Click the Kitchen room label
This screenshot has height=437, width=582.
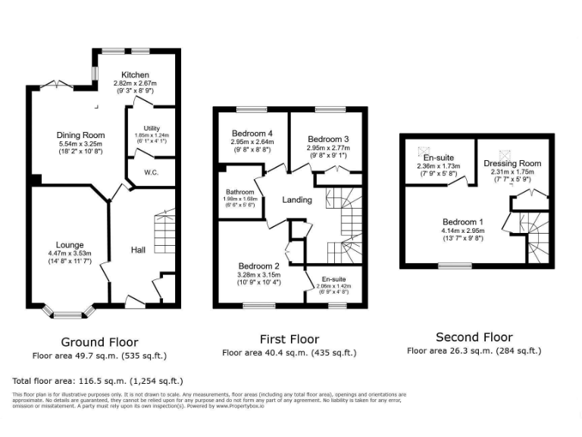tap(134, 74)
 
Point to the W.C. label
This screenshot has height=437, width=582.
tap(150, 172)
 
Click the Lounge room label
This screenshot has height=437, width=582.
tap(70, 244)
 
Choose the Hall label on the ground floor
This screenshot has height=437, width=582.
tap(138, 250)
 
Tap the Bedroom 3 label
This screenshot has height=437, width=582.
tap(328, 139)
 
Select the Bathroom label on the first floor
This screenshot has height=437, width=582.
tap(239, 193)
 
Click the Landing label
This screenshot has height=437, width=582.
tap(298, 200)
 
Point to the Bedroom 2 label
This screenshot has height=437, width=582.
tap(259, 266)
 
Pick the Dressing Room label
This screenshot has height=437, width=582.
tap(513, 163)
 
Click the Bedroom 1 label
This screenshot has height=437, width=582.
tap(457, 222)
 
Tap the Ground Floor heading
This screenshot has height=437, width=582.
tap(99, 341)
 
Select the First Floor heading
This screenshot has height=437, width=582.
tap(289, 339)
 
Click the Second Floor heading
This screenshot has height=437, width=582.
tap(474, 337)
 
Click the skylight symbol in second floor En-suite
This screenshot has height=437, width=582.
tap(426, 150)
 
